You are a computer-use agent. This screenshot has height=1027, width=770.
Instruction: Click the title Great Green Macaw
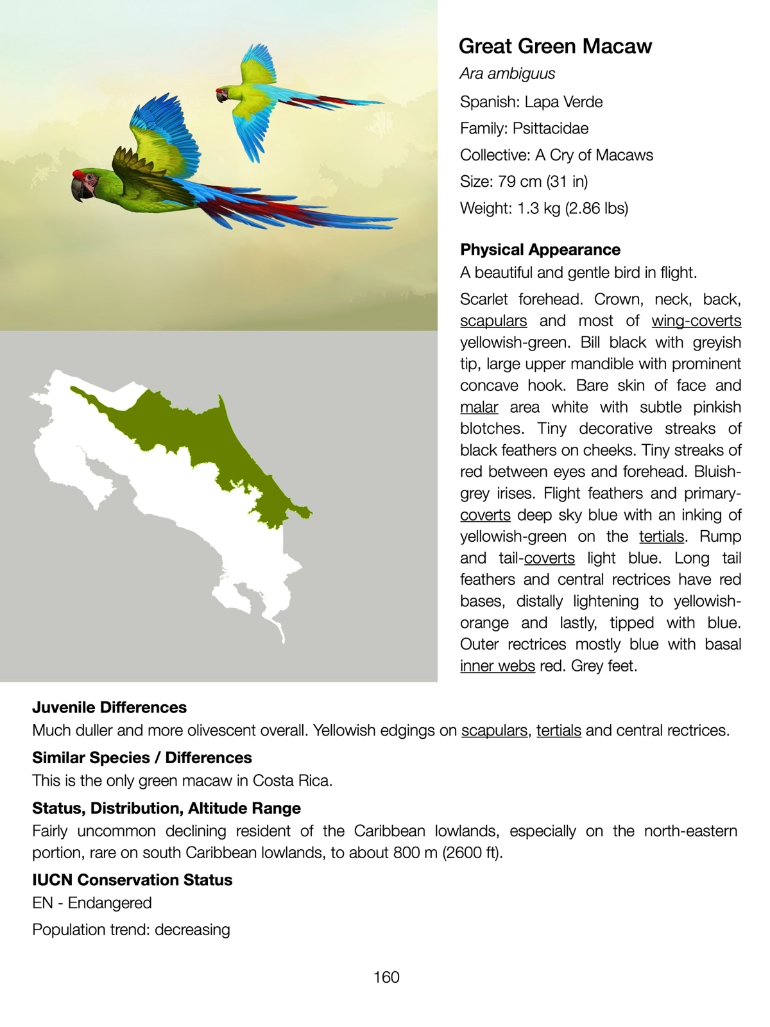(555, 46)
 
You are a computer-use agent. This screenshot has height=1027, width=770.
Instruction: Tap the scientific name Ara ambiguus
(507, 74)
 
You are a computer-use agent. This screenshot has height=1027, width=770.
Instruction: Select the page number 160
(386, 977)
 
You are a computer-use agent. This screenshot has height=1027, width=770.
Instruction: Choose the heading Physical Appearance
(540, 250)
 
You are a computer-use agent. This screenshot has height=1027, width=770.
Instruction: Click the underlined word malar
(479, 408)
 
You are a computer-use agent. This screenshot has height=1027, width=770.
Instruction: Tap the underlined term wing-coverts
(696, 321)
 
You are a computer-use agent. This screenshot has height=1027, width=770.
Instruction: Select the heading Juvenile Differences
(110, 707)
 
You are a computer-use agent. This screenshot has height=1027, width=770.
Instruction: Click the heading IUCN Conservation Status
(132, 880)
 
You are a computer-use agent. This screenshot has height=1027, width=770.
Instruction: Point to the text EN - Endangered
(92, 903)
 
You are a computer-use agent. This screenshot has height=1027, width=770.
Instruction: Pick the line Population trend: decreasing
(131, 929)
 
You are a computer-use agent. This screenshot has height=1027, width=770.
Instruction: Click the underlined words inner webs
(497, 666)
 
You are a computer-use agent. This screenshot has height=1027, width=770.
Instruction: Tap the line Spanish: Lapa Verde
(531, 102)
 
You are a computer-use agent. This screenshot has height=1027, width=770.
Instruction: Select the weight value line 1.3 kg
(544, 209)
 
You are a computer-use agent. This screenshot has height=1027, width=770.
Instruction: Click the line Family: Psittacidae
(524, 128)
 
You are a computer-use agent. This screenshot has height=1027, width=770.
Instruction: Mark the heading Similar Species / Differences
(142, 758)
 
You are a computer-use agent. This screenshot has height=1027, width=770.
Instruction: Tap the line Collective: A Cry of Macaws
(556, 155)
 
